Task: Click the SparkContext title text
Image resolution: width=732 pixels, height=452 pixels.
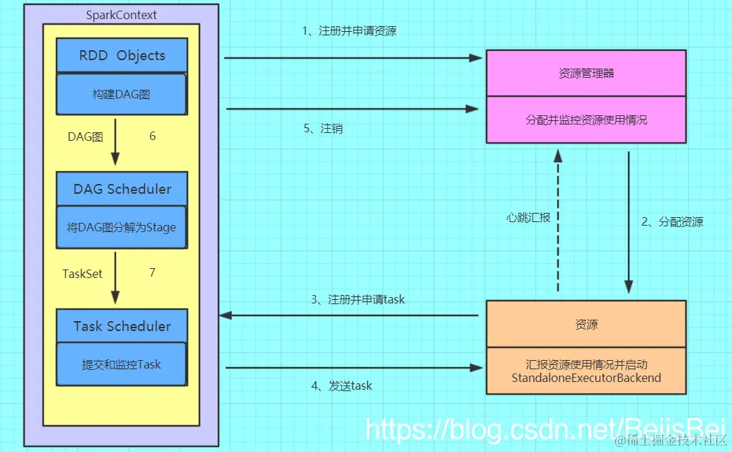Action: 122,15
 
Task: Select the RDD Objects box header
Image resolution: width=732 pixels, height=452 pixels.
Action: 122,56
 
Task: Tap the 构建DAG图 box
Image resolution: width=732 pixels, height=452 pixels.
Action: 121,94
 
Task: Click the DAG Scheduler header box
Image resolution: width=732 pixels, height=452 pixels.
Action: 122,189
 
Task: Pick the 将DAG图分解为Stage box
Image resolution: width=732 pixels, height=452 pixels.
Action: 122,228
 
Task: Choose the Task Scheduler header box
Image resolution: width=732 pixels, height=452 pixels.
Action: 122,326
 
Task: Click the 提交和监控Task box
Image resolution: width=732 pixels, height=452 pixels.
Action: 121,365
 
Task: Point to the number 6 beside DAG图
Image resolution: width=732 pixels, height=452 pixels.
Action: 153,137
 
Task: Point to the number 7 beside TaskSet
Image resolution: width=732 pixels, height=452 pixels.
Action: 152,272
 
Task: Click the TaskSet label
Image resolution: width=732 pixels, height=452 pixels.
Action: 83,273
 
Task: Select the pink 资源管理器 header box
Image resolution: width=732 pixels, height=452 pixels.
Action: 586,73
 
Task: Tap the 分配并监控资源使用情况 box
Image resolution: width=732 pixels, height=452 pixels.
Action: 586,120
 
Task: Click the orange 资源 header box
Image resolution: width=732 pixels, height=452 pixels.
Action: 586,324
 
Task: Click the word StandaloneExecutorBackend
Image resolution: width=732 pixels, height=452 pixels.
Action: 586,378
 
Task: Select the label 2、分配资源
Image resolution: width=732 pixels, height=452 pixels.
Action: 672,221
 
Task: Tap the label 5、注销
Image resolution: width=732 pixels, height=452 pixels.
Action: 323,129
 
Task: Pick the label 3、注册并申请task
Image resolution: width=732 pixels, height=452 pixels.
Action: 358,299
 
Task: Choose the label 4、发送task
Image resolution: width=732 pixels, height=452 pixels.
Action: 342,386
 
